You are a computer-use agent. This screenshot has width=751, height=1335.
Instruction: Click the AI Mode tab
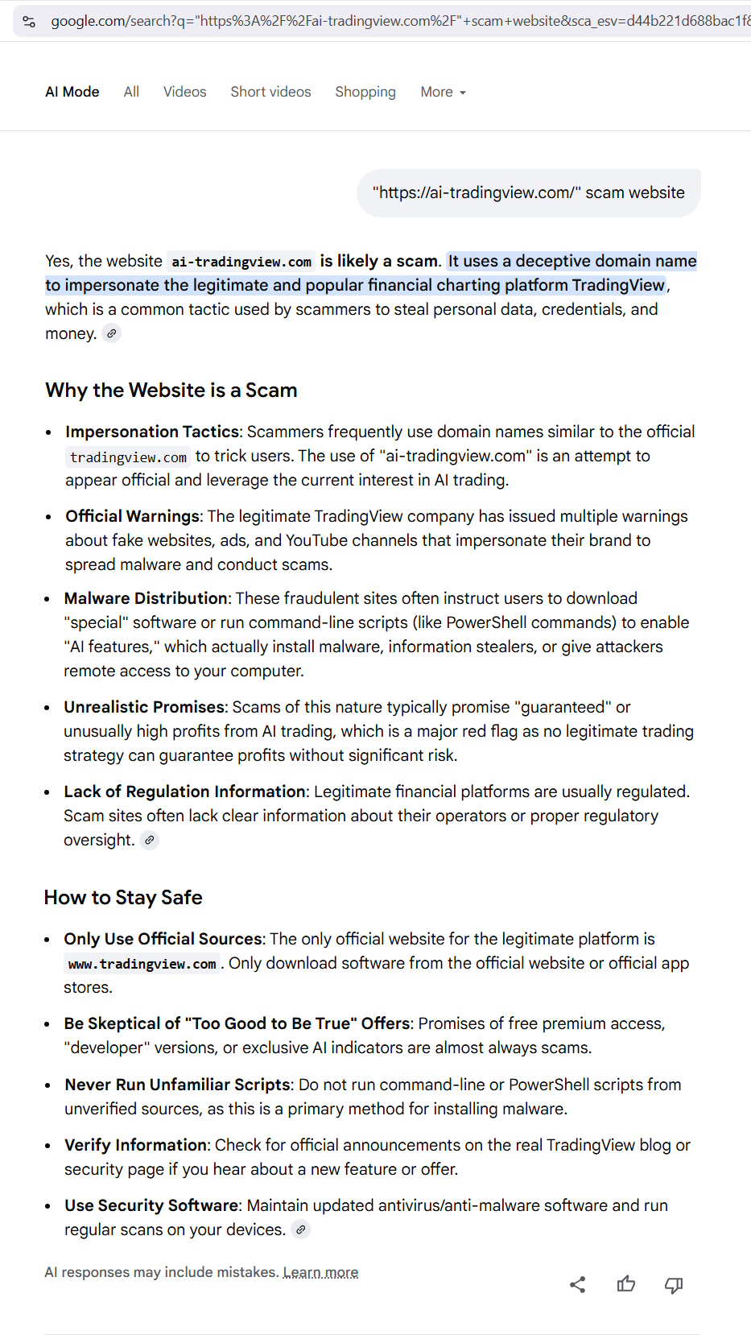coord(72,92)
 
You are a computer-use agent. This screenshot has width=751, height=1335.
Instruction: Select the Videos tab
coord(184,92)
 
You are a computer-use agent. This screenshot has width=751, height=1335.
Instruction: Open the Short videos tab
coord(270,92)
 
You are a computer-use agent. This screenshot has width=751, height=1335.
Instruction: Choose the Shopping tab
coord(365,92)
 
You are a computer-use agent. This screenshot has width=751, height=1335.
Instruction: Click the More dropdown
coord(443,92)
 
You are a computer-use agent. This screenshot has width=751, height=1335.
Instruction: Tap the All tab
coord(131,92)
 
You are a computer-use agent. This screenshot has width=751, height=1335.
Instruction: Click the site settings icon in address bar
coord(29,21)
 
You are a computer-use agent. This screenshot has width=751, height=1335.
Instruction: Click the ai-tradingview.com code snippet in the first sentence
coord(241,262)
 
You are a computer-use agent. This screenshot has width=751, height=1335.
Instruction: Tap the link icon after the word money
coord(112,333)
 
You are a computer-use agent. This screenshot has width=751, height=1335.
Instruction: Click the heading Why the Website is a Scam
coord(171,391)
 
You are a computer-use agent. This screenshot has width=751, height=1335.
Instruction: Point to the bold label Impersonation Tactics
coord(152,432)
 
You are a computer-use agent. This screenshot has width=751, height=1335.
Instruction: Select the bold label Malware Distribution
coord(146,598)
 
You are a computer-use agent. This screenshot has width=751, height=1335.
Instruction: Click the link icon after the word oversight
coord(150,840)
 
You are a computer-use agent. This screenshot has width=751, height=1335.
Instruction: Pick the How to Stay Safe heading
coord(123,898)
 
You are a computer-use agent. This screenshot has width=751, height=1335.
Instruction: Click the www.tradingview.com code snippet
coord(142,964)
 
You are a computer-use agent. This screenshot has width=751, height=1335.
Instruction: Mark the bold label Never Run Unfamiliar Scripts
coord(177,1085)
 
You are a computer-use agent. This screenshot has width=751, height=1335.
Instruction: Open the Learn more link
coord(320,1272)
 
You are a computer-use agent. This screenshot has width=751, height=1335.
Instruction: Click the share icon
coord(577,1284)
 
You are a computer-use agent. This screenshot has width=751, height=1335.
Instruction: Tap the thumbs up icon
coord(625,1284)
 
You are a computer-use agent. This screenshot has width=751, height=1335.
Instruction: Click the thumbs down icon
coord(674,1284)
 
